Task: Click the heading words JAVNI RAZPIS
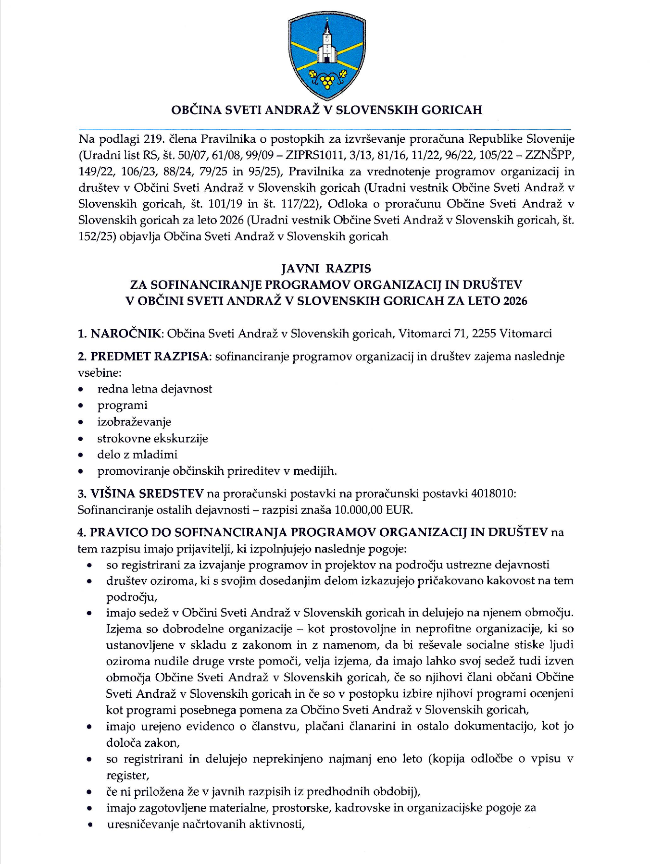tap(326, 268)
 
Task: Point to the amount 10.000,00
tap(359, 510)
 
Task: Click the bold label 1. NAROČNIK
tap(121, 333)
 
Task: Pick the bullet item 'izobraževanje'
tap(134, 422)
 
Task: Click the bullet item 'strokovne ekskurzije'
tap(152, 438)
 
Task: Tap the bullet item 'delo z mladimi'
tap(137, 455)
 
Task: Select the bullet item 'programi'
tap(122, 406)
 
